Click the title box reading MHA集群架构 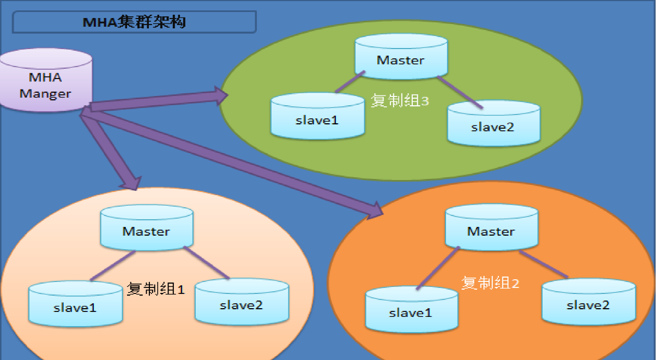(x=135, y=22)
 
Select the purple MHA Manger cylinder (x=46, y=80)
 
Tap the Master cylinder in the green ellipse (x=401, y=57)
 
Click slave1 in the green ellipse (x=318, y=116)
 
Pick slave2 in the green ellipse (x=493, y=123)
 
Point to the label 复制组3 (x=400, y=101)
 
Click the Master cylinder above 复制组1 (x=147, y=227)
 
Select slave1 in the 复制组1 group (x=76, y=303)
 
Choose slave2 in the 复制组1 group (x=242, y=302)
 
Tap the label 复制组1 (x=155, y=289)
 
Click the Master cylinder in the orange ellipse (x=492, y=227)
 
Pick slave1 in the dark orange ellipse (x=412, y=309)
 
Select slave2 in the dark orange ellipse (x=588, y=302)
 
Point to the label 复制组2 (x=490, y=283)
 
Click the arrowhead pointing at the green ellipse (x=221, y=95)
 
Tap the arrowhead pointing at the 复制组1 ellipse (x=131, y=184)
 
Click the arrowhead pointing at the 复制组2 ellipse (x=375, y=211)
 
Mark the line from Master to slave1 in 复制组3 (x=350, y=82)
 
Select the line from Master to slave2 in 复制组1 (x=207, y=263)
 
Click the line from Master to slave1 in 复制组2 (x=438, y=268)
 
